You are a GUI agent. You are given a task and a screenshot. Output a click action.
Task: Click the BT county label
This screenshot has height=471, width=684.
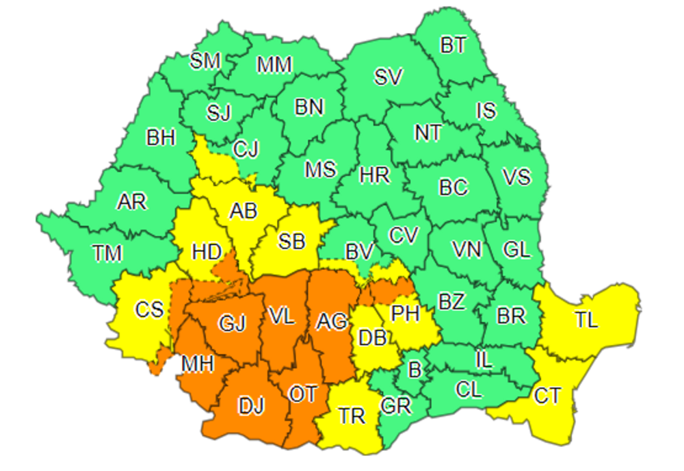pos(453,46)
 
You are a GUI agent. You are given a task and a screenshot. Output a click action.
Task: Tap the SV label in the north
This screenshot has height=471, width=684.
pos(389,77)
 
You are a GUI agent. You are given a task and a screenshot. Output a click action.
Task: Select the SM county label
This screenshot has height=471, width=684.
pos(205,62)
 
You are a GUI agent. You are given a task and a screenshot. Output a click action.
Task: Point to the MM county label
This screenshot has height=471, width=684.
pos(274,65)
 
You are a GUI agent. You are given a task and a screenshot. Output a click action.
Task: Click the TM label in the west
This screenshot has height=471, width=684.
pos(107,254)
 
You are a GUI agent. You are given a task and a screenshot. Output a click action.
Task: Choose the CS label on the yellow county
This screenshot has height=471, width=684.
pos(149,310)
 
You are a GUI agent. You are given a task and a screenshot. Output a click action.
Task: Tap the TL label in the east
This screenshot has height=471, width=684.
pos(586,320)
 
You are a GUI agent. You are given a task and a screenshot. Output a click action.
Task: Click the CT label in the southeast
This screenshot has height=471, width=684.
pos(548,396)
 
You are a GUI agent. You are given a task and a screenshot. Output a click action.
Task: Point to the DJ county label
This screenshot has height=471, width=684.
pos(251,406)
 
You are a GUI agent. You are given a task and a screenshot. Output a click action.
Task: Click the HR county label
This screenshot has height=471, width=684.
pos(375,175)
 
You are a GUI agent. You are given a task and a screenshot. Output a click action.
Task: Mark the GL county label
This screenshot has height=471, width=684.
pos(516,250)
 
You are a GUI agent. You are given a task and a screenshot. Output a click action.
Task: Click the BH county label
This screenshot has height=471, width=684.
pos(161,138)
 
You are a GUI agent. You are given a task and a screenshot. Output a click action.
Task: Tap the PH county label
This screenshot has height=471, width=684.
pos(405,314)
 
